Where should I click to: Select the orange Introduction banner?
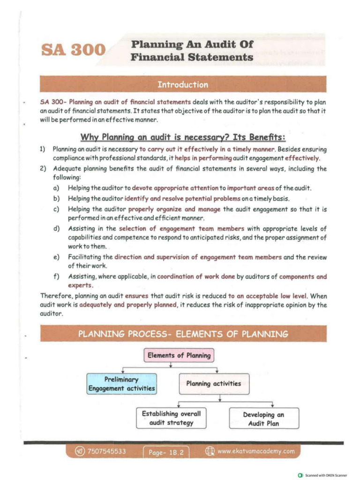click(183, 85)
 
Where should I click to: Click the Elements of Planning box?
click(179, 355)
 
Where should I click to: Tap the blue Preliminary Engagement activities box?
click(122, 383)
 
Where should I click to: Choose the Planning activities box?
click(213, 383)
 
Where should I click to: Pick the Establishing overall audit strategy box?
click(171, 418)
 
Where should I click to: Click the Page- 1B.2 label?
click(165, 452)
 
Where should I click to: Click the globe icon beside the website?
click(210, 451)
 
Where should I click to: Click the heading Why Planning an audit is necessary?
click(183, 138)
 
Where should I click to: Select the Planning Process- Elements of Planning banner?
click(183, 334)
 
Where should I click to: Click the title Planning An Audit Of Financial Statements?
click(192, 51)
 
